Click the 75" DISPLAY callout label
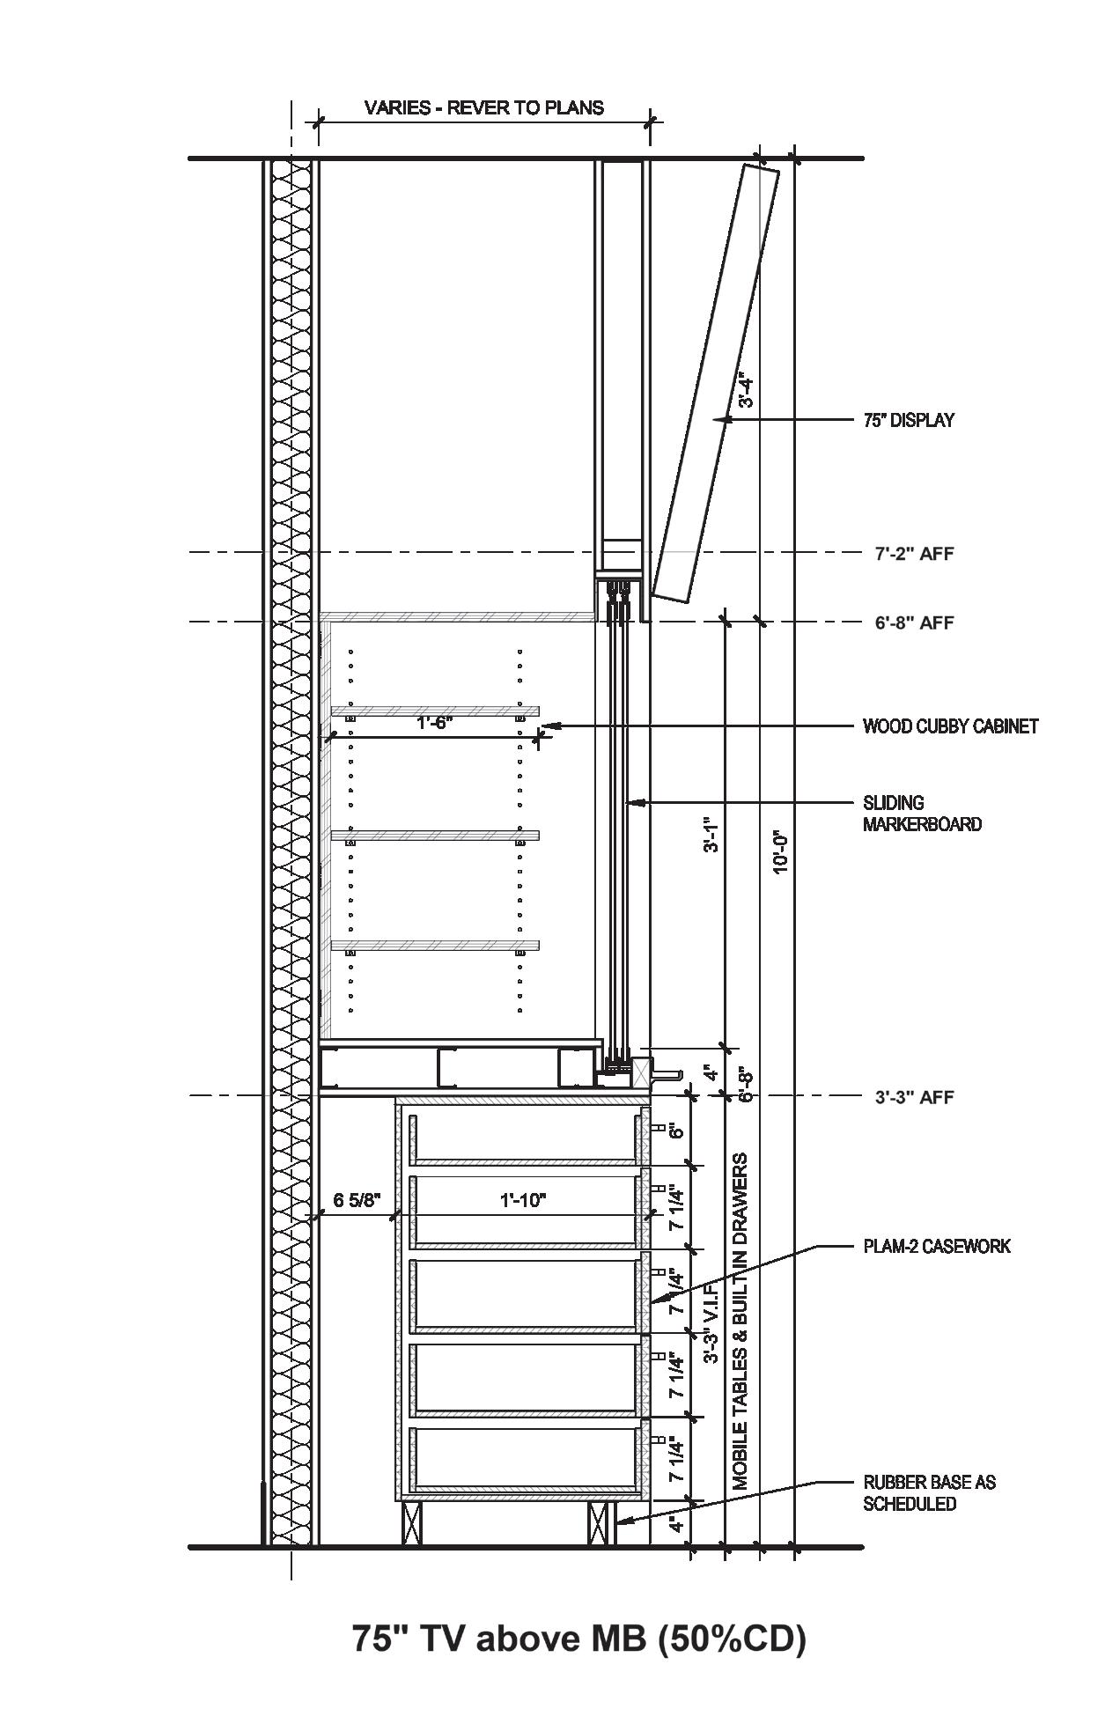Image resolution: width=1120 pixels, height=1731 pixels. tap(908, 421)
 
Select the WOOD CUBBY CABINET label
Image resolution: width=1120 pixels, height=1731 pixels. tap(950, 726)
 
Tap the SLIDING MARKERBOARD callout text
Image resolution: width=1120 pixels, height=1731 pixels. tap(921, 814)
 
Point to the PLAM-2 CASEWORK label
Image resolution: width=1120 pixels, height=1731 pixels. tap(937, 1246)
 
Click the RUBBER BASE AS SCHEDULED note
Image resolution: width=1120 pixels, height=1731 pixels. tap(929, 1492)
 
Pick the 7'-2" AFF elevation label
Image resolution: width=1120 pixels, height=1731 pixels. tap(914, 554)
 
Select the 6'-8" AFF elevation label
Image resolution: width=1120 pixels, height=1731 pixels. tap(914, 622)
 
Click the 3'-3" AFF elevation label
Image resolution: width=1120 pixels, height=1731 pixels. tap(914, 1097)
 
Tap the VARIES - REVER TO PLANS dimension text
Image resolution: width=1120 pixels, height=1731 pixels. tap(484, 107)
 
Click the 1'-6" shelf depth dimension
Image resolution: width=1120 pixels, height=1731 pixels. tap(434, 723)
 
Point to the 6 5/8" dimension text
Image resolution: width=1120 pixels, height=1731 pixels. tap(356, 1199)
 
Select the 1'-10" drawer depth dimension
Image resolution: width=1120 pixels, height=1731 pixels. tap(523, 1199)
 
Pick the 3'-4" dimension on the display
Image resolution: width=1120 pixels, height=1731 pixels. tap(746, 392)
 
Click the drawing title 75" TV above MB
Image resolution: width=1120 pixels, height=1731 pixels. tap(578, 1639)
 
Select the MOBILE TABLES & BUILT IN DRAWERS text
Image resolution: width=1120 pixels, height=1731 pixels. tap(741, 1321)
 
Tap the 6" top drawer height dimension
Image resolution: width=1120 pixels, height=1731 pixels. tap(676, 1131)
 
